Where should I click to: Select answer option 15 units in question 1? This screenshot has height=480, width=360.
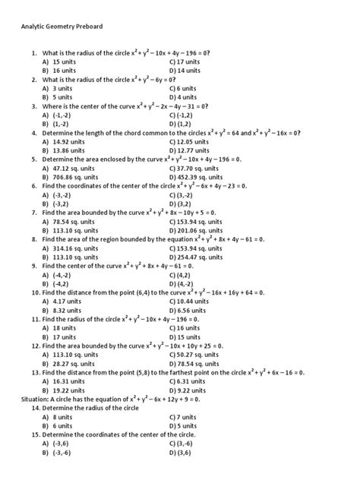click(65, 61)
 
